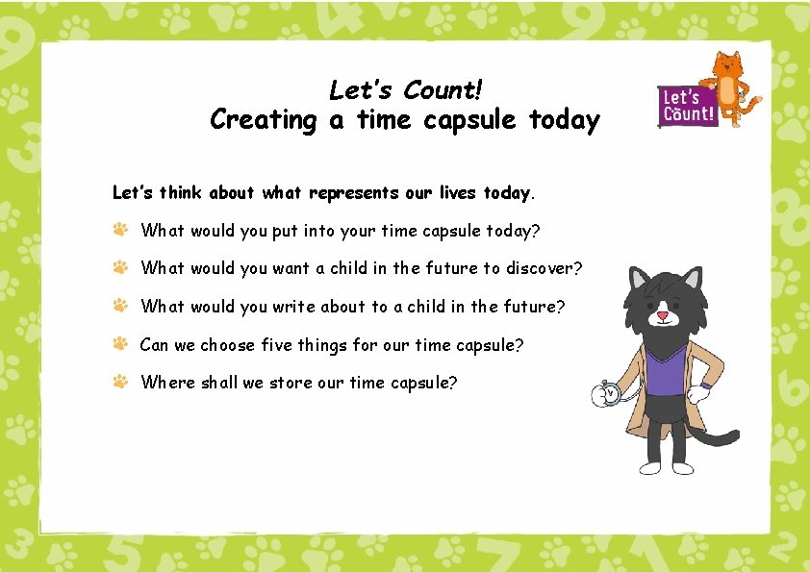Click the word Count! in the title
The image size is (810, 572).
pyautogui.click(x=443, y=89)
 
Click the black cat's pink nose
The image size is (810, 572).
pyautogui.click(x=662, y=314)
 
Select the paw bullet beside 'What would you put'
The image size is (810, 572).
pyautogui.click(x=120, y=230)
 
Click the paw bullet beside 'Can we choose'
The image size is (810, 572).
pyautogui.click(x=120, y=343)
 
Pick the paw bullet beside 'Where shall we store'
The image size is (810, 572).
pyautogui.click(x=120, y=382)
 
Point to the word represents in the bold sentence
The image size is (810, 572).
pyautogui.click(x=353, y=192)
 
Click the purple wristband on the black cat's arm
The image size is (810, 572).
pyautogui.click(x=706, y=385)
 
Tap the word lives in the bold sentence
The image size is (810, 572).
pyautogui.click(x=458, y=192)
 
